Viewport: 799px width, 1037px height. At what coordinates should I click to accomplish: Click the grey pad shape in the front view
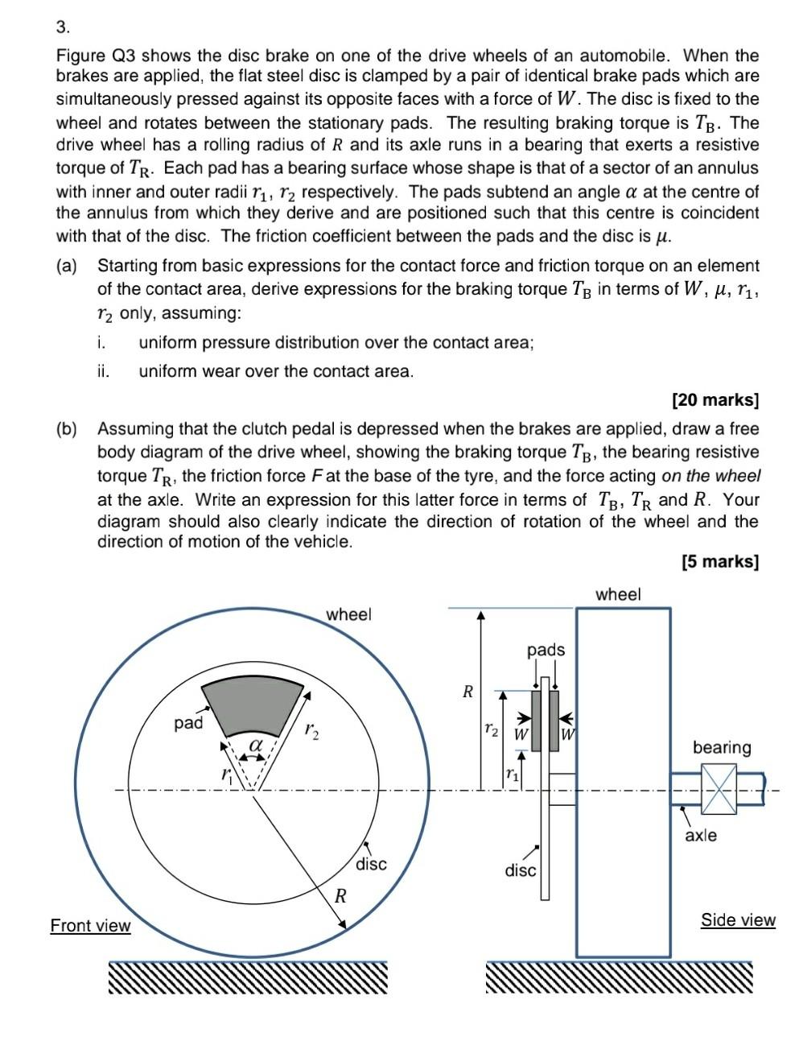[x=252, y=705]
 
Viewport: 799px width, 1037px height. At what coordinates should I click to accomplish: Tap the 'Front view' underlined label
[x=90, y=925]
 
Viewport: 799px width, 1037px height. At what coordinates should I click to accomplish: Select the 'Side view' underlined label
[x=738, y=919]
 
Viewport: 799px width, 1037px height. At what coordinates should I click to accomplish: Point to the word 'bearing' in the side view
[x=722, y=747]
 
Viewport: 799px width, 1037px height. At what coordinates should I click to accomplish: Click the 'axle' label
[x=700, y=836]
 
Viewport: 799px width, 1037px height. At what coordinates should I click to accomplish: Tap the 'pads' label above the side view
[x=546, y=649]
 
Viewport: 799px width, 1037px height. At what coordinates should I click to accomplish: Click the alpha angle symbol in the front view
[x=256, y=746]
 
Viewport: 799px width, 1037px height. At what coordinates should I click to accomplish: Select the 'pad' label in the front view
[x=188, y=723]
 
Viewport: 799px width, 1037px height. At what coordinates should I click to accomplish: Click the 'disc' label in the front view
[x=371, y=864]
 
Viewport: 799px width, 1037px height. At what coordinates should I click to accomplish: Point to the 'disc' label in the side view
[x=520, y=870]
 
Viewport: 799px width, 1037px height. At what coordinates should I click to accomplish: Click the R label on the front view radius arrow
[x=340, y=895]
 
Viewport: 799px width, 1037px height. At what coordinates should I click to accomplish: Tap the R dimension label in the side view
[x=467, y=691]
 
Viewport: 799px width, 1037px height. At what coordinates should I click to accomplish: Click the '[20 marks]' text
[x=715, y=399]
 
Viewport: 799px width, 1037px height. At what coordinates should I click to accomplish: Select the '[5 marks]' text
[x=719, y=561]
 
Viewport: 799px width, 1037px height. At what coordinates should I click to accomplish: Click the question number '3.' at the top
[x=63, y=27]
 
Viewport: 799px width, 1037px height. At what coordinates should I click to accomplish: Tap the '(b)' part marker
[x=67, y=428]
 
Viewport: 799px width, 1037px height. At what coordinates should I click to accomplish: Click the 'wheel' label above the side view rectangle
[x=618, y=594]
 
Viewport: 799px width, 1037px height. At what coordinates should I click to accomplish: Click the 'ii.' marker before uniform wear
[x=103, y=371]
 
